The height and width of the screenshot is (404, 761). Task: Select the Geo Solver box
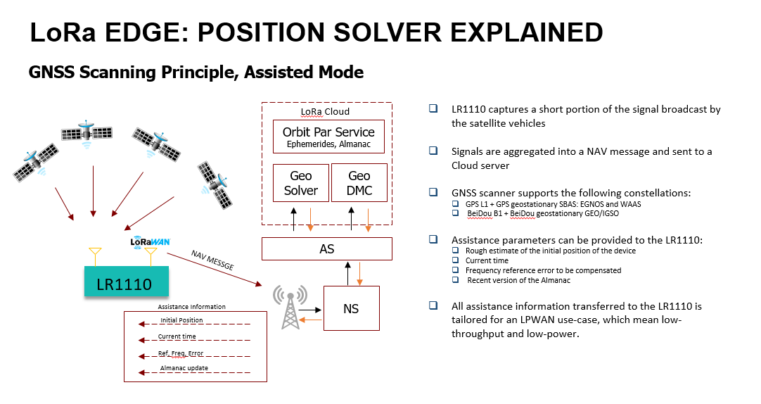tap(300, 183)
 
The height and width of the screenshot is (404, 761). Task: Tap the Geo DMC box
tap(359, 183)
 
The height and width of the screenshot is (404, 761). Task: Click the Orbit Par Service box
tap(328, 137)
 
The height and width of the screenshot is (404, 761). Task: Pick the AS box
tap(326, 248)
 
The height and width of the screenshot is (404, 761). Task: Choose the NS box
tap(351, 308)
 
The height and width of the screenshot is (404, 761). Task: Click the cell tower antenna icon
tap(290, 307)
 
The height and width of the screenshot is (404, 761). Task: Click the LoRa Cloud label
tap(325, 111)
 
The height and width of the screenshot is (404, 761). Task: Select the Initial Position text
tap(181, 320)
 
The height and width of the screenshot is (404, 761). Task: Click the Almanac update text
tap(184, 369)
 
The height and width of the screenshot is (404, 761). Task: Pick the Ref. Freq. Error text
tap(181, 353)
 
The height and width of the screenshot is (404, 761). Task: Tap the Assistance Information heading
tap(191, 307)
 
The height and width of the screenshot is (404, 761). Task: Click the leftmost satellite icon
tap(34, 160)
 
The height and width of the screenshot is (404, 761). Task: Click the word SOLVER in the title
tap(397, 32)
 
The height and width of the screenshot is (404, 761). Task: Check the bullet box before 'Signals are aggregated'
tap(433, 151)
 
